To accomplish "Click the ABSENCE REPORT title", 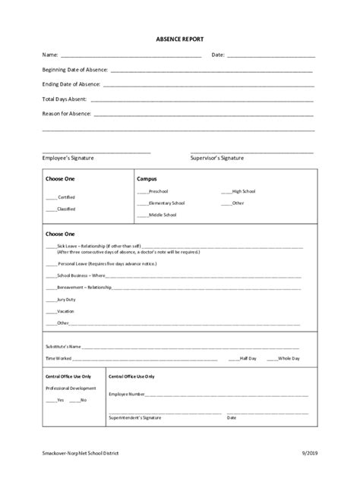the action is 180,38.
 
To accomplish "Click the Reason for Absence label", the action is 67,114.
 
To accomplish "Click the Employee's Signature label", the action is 68,158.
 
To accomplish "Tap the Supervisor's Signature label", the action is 216,158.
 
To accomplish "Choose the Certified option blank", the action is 51,197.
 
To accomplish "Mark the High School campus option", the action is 244,191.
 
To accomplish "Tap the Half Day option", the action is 248,357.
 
